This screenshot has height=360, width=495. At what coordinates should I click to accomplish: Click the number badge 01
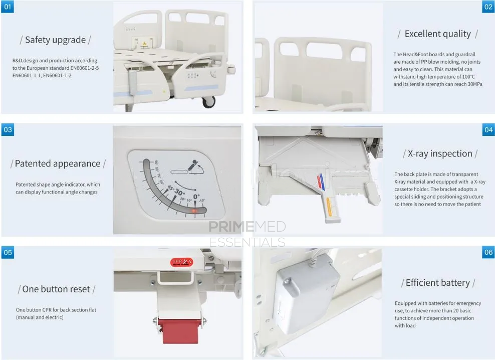[8, 7]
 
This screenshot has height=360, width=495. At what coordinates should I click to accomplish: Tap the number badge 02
[488, 7]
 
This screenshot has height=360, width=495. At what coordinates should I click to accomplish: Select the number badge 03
[8, 130]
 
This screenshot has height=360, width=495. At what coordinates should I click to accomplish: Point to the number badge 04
[488, 130]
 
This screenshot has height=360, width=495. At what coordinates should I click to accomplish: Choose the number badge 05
[8, 252]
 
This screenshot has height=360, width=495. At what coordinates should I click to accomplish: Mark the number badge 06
[488, 252]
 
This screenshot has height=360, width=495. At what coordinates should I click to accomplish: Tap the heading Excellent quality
[437, 34]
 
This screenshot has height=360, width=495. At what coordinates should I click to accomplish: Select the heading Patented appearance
[58, 163]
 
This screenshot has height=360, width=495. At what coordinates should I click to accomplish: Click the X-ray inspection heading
[440, 153]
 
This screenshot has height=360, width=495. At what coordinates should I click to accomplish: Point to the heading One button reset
[56, 289]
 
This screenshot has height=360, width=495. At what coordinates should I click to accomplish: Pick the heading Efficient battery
[438, 283]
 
